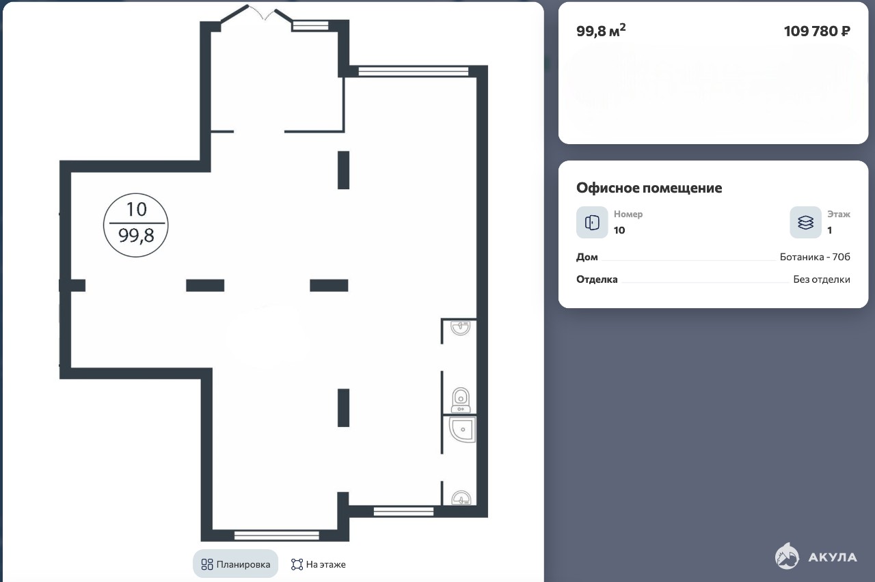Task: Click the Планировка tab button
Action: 236,564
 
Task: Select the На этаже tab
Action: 319,564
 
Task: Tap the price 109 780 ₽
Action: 817,31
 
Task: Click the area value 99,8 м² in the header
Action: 601,31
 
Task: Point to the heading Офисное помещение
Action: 649,188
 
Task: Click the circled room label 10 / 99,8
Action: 136,225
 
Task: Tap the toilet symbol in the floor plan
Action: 461,400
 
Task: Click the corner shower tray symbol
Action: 463,430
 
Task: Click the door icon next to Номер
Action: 592,222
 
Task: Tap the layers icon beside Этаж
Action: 805,222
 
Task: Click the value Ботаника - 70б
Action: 815,257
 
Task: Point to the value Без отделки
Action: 822,279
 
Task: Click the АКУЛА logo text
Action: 833,557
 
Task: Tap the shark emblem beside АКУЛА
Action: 787,556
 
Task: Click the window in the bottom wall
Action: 277,535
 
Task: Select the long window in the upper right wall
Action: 414,72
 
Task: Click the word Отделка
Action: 597,279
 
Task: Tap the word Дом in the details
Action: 587,258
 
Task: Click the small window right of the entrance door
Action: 310,26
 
